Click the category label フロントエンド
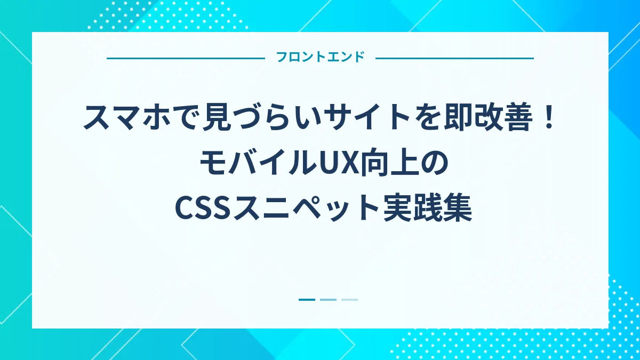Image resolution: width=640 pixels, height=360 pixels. point(320,58)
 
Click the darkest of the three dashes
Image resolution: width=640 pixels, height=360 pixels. point(307,300)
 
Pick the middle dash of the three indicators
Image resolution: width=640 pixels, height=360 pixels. point(328,300)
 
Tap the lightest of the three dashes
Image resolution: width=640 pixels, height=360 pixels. point(349,300)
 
